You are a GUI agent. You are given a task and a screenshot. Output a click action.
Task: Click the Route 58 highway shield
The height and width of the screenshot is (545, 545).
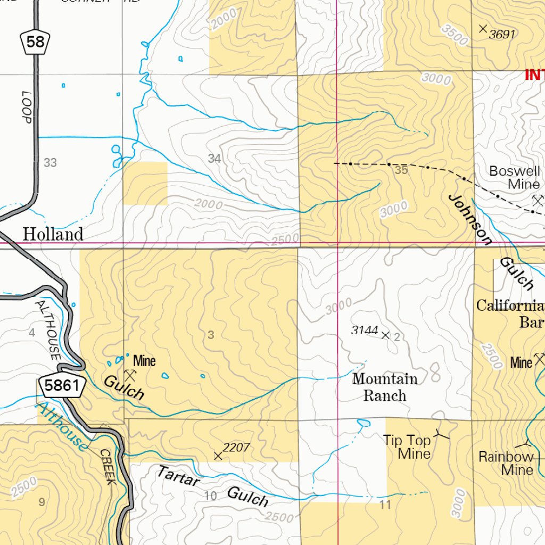coord(35,42)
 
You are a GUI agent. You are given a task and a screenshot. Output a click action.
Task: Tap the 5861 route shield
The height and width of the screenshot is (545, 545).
coord(62,385)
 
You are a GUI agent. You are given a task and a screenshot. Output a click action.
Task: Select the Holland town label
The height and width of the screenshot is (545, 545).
coord(53,234)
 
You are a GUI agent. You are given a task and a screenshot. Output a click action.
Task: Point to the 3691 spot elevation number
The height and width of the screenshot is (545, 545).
coord(502,35)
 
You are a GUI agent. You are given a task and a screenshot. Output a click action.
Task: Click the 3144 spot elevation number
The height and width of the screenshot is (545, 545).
coord(365,331)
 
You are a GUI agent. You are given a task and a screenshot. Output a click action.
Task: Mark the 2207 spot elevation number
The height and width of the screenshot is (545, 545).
coord(236,448)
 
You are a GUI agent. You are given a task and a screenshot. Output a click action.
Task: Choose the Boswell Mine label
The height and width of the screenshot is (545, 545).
coord(515,178)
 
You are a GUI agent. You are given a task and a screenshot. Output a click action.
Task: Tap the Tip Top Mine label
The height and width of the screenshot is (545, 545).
coord(408,447)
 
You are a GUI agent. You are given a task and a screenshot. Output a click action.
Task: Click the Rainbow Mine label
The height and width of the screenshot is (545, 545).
coord(506,463)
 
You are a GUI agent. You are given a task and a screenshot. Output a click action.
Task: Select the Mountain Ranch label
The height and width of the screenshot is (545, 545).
coord(385,387)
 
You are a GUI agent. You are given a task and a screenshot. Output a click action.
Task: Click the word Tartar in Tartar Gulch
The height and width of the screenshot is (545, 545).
coord(178,476)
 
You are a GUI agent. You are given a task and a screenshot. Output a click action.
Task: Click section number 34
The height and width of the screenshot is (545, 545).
coord(214,159)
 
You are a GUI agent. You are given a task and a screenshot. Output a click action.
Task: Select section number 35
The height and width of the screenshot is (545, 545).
coord(401,170)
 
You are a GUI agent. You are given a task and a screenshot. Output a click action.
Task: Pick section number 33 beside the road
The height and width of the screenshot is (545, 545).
coord(50,163)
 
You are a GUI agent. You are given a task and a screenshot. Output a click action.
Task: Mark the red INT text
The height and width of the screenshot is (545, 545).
coord(534,75)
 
